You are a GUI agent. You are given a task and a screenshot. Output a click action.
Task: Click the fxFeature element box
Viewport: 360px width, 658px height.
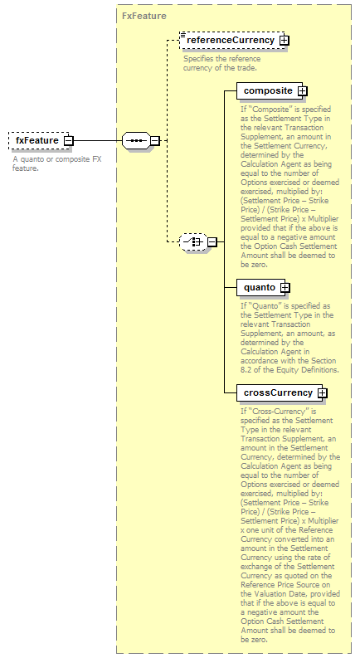[39, 140]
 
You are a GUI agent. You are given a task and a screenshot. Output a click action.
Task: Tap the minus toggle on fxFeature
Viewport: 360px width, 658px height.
[68, 140]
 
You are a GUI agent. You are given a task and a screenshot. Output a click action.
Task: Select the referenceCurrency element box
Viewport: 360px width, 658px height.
[232, 41]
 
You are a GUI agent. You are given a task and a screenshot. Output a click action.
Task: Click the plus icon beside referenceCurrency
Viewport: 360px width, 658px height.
[285, 41]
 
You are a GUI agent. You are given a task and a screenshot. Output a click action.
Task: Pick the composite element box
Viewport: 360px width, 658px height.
[270, 90]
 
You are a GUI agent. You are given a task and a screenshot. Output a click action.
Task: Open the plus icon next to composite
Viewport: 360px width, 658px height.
[303, 91]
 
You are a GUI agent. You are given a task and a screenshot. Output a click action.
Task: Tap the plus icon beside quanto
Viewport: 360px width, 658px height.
[285, 288]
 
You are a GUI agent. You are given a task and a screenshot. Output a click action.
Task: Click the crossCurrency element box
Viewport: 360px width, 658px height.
[280, 392]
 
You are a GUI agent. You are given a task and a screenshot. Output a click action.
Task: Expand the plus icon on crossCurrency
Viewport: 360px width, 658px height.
[322, 393]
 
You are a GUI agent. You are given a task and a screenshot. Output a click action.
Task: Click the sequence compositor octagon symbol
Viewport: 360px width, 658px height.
[136, 140]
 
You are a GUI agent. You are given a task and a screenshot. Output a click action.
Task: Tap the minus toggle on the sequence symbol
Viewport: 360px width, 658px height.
[155, 140]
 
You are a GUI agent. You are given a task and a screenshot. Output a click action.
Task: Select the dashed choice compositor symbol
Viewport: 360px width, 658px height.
[193, 241]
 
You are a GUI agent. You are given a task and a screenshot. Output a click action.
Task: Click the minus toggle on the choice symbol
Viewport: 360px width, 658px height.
[212, 241]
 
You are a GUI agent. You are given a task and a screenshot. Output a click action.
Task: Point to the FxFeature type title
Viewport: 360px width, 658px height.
[144, 16]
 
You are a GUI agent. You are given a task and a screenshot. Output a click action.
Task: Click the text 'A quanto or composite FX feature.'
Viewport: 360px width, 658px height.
[56, 163]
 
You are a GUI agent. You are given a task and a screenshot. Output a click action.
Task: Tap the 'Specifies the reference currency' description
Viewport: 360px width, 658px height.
[221, 63]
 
